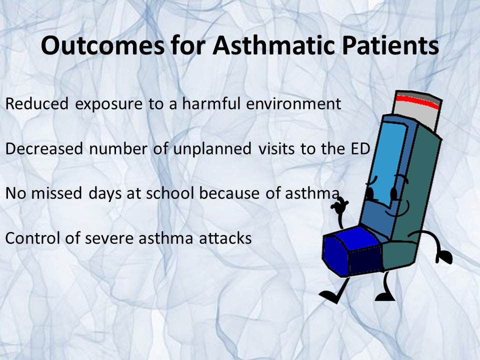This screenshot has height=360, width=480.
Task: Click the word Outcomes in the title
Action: coord(102,45)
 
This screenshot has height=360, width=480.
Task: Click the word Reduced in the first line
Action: coord(36,103)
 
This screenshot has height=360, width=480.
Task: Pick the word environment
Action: coord(293,104)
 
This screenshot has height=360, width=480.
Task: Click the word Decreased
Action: coord(44,148)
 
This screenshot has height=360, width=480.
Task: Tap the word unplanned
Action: coord(212,149)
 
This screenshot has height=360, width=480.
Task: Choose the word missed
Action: coord(56,193)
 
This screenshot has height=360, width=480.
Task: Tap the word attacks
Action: coord(225,238)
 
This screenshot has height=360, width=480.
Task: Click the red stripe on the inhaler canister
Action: coord(418,101)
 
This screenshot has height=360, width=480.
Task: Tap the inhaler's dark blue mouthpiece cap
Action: coord(352,252)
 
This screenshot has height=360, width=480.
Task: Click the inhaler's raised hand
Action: coord(339,207)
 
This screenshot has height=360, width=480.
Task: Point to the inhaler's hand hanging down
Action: coord(444,256)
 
